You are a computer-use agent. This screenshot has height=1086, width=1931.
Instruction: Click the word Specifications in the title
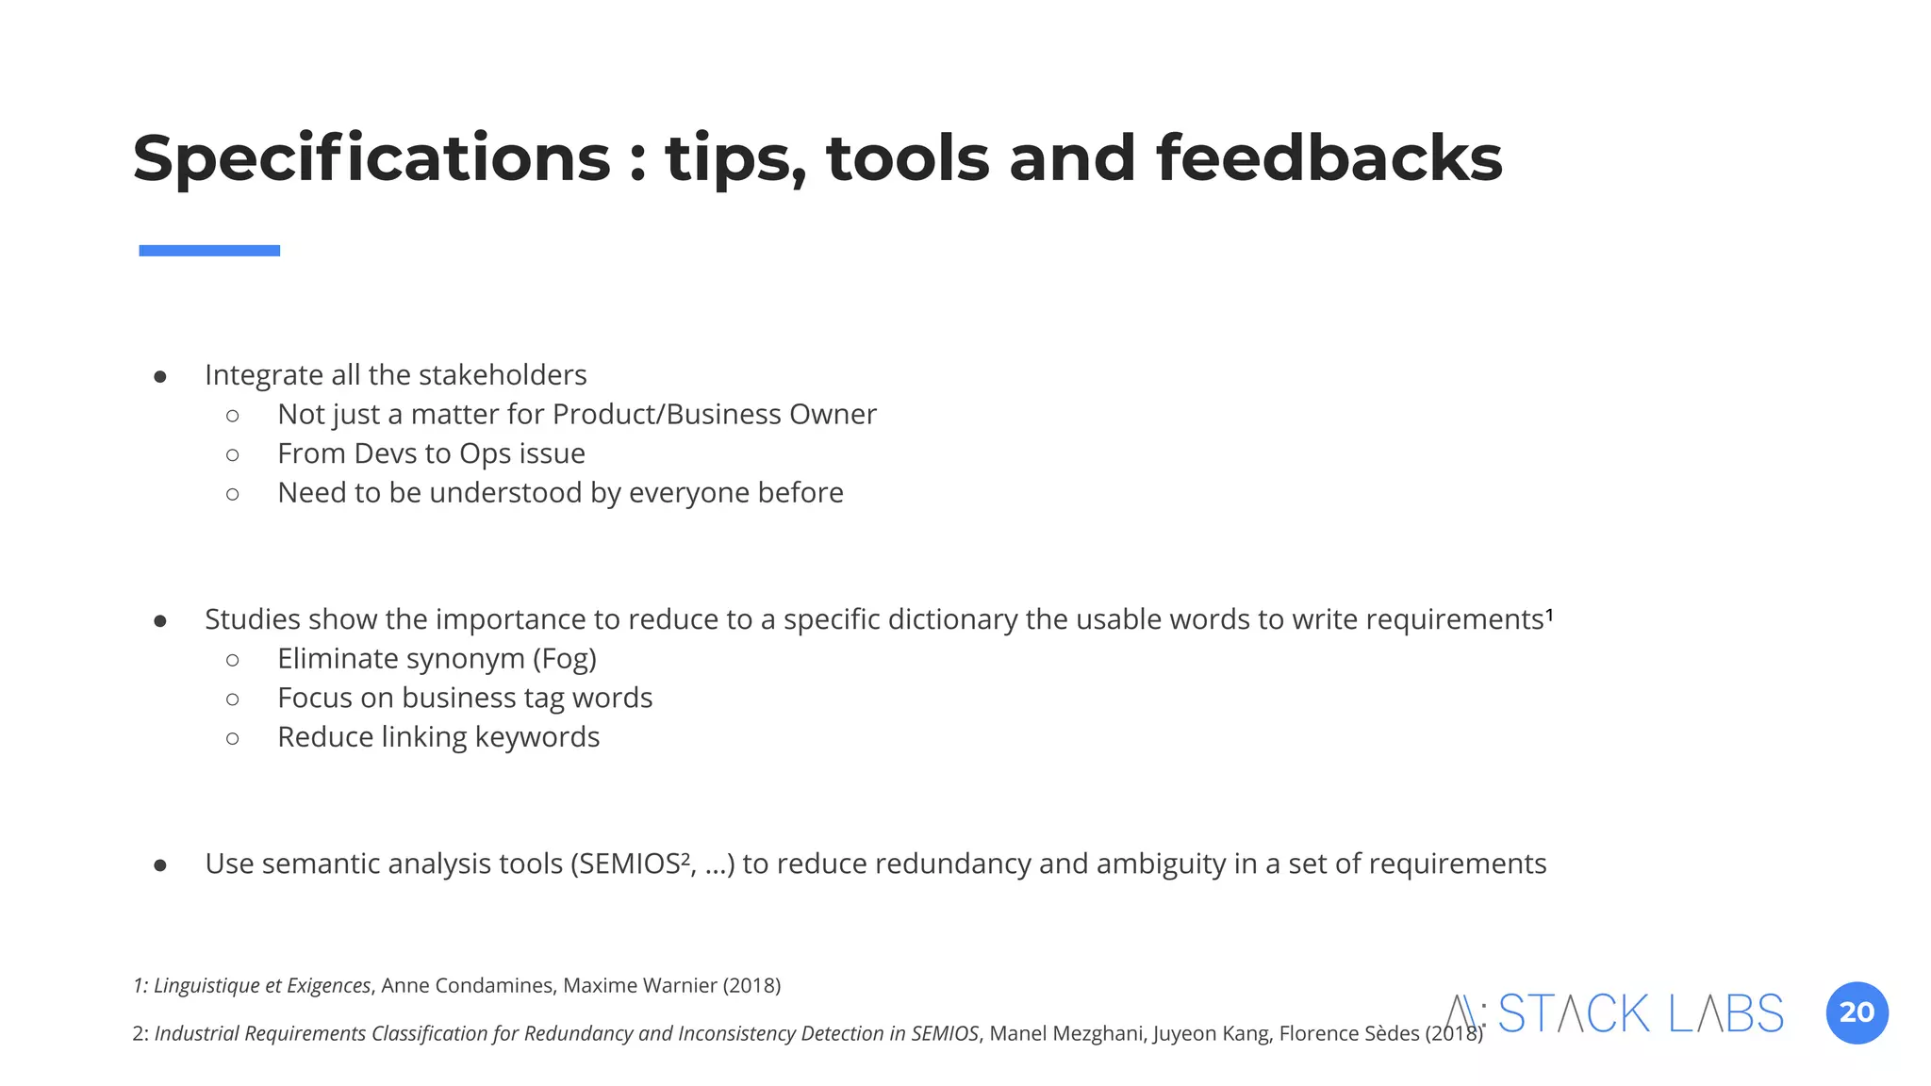tap(371, 158)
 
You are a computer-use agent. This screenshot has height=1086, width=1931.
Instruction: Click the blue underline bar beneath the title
tap(209, 251)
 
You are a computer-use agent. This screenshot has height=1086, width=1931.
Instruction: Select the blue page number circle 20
tap(1857, 1013)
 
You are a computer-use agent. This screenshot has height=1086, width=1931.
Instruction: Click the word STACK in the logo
tap(1574, 1014)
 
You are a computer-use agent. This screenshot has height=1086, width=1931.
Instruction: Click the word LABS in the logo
tap(1725, 1014)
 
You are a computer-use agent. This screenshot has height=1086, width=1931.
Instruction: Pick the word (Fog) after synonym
tap(564, 659)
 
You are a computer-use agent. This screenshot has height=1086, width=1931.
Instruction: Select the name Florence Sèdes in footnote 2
tap(1348, 1034)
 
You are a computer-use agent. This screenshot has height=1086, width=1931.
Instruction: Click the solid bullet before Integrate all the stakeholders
tap(160, 377)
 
